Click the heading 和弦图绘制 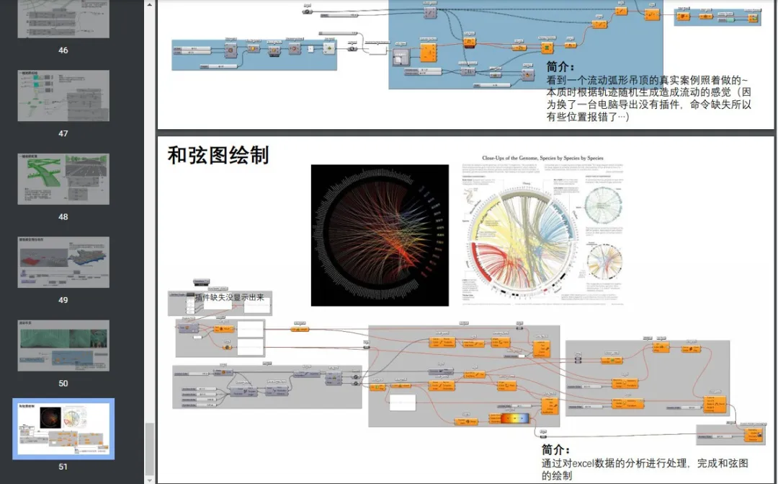click(218, 154)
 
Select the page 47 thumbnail click(63, 96)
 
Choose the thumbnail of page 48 click(63, 179)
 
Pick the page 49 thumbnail click(63, 263)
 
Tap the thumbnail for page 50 click(63, 346)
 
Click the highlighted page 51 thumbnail click(63, 429)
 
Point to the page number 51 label click(63, 467)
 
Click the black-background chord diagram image click(380, 235)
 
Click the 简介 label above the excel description click(557, 449)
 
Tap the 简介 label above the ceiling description click(561, 67)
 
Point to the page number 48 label click(63, 216)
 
